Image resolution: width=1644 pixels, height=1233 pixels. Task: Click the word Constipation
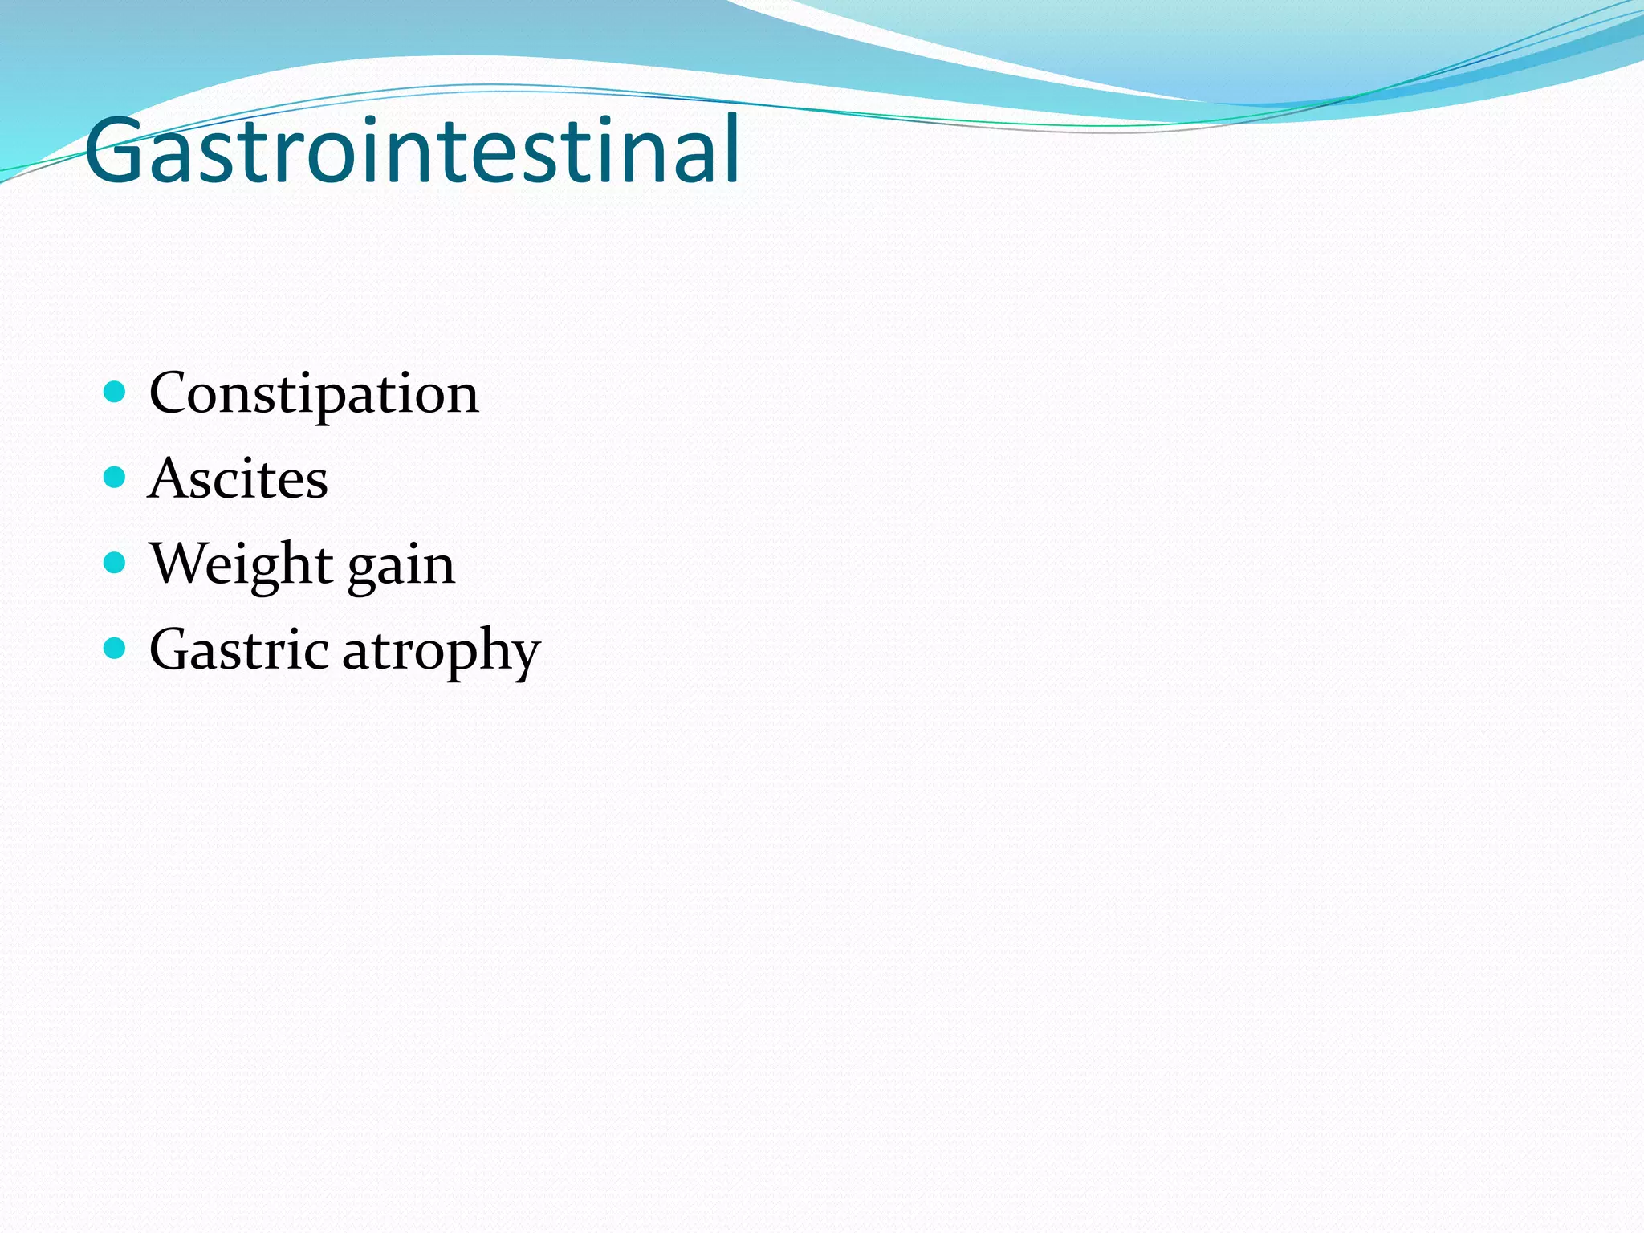click(x=314, y=394)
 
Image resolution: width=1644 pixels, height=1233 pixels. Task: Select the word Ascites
click(x=238, y=479)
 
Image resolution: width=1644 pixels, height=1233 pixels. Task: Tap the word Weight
click(x=241, y=564)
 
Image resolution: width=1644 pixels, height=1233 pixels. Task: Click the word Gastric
click(x=238, y=649)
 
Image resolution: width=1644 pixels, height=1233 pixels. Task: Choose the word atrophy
click(x=442, y=652)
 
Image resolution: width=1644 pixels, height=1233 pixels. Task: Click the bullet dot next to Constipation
click(x=116, y=392)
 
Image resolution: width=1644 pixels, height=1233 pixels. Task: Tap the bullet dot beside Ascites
click(x=116, y=478)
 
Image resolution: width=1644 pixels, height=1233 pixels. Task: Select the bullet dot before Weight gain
click(x=116, y=562)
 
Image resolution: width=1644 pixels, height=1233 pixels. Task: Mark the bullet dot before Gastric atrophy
click(x=116, y=648)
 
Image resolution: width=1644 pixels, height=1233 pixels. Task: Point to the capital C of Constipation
click(x=169, y=393)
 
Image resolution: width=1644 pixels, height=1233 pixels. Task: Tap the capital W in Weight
click(x=177, y=563)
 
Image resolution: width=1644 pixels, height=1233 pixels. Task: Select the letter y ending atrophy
click(x=524, y=656)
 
